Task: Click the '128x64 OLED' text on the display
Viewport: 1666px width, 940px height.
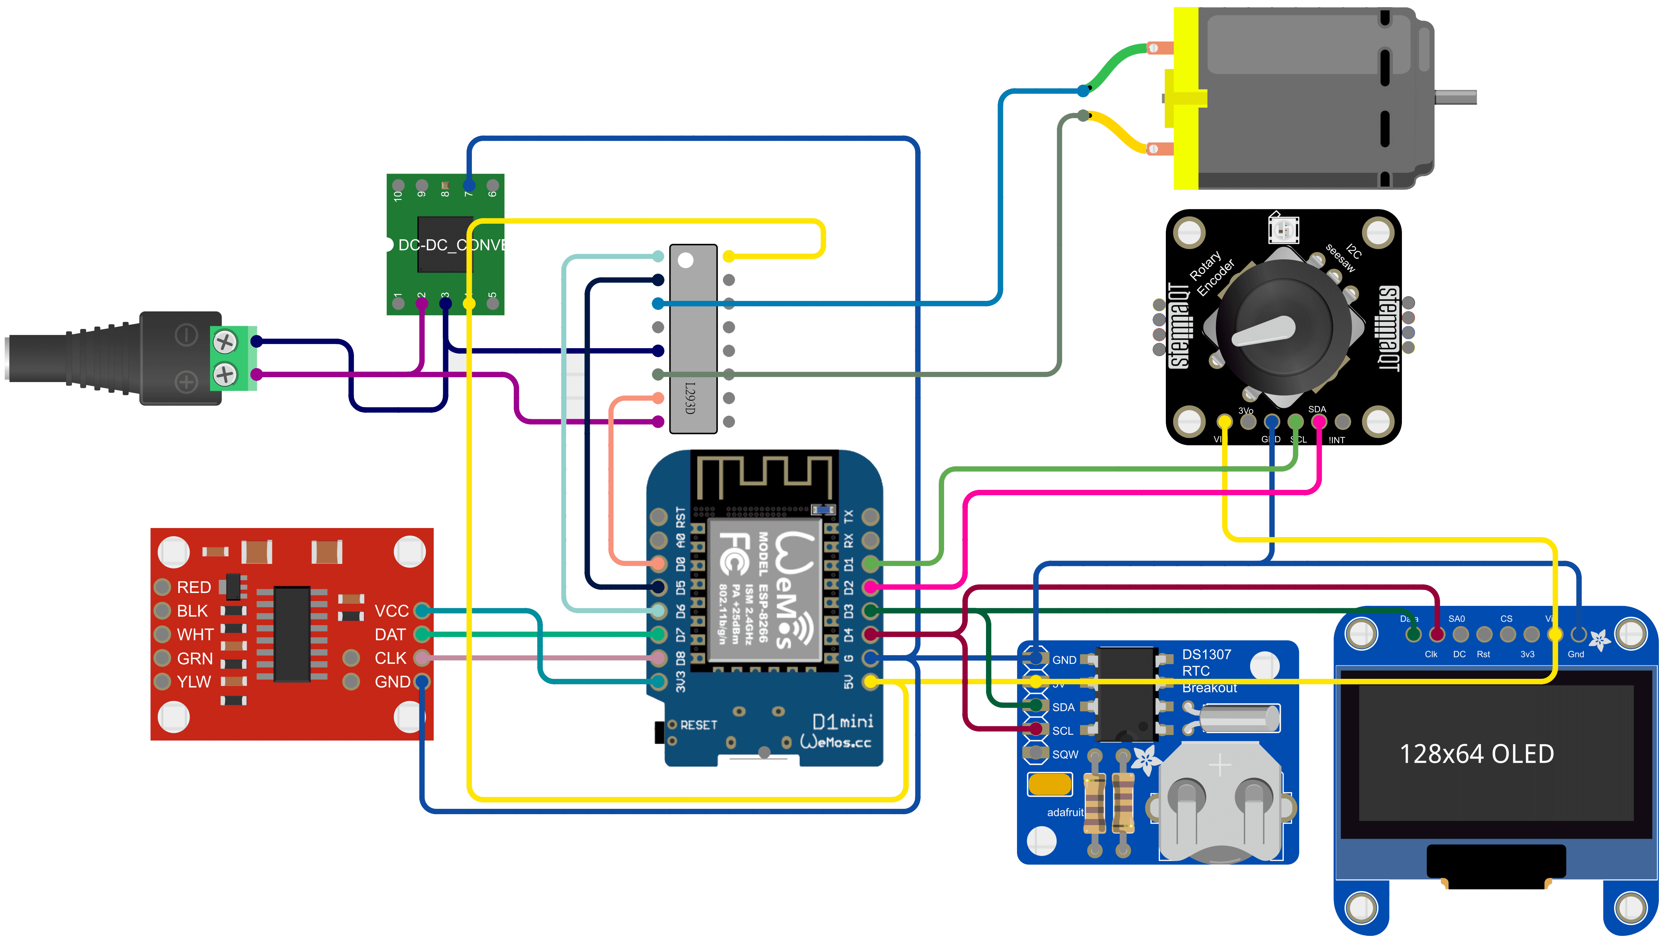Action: click(1476, 754)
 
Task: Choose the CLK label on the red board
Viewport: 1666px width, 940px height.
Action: click(390, 658)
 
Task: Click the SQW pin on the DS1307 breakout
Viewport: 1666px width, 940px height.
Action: click(1036, 753)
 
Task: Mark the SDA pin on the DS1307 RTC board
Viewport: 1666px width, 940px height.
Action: click(1036, 706)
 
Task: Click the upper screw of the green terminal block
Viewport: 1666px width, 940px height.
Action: click(225, 342)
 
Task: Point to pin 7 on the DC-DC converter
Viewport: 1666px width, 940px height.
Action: click(469, 186)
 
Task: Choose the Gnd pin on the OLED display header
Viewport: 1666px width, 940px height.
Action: click(1579, 634)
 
